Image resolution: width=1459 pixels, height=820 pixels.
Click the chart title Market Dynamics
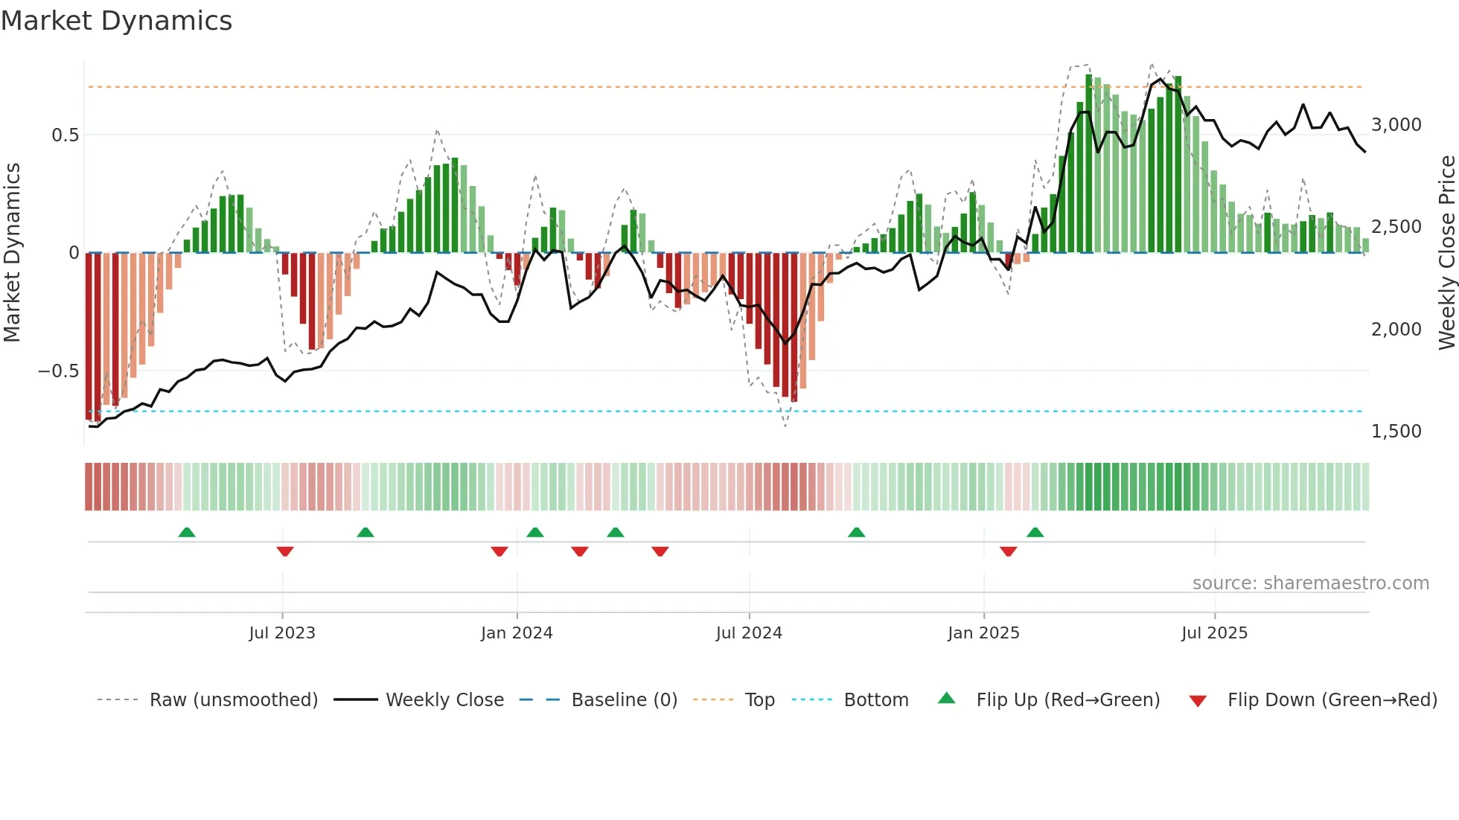click(116, 21)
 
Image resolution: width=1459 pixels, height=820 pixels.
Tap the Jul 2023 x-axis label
click(282, 633)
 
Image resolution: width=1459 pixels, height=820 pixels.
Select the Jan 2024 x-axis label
click(517, 633)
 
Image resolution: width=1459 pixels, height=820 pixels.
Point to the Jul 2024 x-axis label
click(749, 633)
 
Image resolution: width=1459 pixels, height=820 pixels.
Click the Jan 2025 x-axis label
click(983, 633)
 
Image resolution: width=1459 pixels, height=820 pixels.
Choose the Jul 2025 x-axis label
click(1214, 633)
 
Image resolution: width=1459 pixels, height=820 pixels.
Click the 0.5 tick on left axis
click(65, 135)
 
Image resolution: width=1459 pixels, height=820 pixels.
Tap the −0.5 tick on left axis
click(59, 371)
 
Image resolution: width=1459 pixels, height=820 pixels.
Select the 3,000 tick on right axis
click(1396, 125)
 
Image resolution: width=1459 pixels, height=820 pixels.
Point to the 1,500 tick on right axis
click(1396, 432)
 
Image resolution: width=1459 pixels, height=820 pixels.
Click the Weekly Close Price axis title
click(1446, 253)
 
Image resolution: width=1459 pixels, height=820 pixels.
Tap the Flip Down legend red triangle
click(1198, 701)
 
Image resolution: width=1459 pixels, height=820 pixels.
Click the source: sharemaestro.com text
click(1310, 583)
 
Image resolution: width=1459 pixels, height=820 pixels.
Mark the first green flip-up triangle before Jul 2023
click(187, 533)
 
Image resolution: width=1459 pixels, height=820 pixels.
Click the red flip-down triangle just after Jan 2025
click(1009, 551)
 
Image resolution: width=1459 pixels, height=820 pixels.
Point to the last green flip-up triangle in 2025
click(1035, 533)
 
